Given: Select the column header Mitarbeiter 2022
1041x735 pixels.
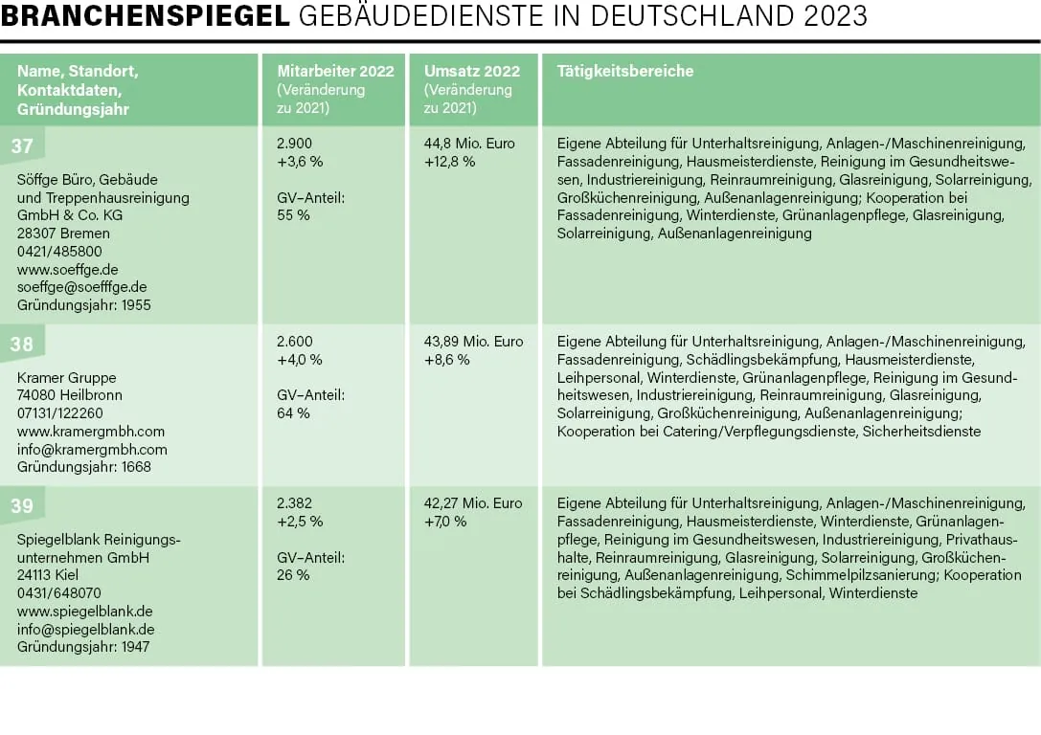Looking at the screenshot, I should pos(334,72).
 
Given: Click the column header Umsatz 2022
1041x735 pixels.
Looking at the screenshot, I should pos(472,72).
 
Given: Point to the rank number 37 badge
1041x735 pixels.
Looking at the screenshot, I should pos(22,146).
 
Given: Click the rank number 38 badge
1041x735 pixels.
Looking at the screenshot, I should pos(22,345).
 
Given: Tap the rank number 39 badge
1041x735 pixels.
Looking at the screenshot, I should pos(22,506).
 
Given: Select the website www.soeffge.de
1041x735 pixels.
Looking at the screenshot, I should pos(68,270).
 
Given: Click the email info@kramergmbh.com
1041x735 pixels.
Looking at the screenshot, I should pos(92,450).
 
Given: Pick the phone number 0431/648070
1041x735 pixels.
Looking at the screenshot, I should pos(59,593).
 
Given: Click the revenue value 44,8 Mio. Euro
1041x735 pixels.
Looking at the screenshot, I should pos(469,144).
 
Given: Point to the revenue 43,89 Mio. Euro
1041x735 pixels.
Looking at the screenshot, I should pos(473,342).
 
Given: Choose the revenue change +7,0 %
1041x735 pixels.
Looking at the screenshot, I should pos(445,522).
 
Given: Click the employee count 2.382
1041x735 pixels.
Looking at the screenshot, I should pos(294,503).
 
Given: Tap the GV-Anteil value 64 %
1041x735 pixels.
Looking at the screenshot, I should pos(293,413).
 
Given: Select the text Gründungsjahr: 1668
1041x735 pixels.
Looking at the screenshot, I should pos(84,467).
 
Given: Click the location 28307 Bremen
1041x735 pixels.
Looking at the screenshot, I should pos(63,234).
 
